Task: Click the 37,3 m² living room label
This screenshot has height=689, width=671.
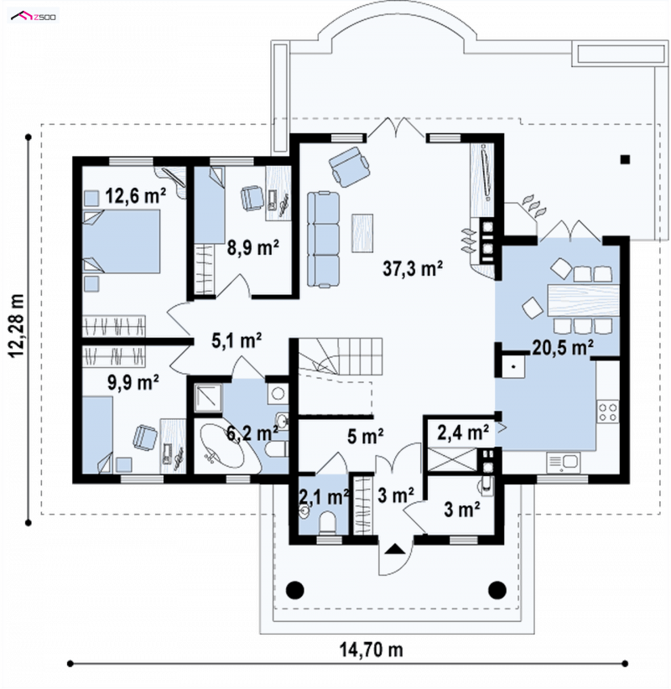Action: pyautogui.click(x=413, y=268)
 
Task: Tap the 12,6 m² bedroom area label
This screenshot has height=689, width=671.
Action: pyautogui.click(x=135, y=195)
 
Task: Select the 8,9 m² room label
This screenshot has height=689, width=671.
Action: pyautogui.click(x=252, y=248)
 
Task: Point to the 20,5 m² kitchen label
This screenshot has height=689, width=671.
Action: pyautogui.click(x=563, y=348)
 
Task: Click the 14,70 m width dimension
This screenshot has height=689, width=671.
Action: pyautogui.click(x=371, y=650)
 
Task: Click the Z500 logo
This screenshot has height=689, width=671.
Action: pyautogui.click(x=34, y=17)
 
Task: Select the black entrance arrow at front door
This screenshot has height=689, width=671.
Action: pyautogui.click(x=395, y=549)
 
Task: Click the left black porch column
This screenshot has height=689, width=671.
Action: pyautogui.click(x=295, y=590)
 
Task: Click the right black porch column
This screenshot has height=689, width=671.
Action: pyautogui.click(x=497, y=590)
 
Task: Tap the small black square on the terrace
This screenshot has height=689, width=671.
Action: pyautogui.click(x=625, y=159)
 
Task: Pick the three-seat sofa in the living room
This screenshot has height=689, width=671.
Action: pyautogui.click(x=324, y=240)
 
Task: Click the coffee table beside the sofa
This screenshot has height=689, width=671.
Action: pyautogui.click(x=362, y=233)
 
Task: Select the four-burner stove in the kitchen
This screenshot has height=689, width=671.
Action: pyautogui.click(x=608, y=412)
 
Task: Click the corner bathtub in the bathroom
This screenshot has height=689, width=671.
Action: pyautogui.click(x=222, y=446)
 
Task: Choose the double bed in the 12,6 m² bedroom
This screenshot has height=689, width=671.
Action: pyautogui.click(x=122, y=241)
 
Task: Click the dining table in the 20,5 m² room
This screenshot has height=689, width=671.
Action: pyautogui.click(x=584, y=301)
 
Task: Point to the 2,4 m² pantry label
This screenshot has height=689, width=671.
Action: pyautogui.click(x=463, y=433)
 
